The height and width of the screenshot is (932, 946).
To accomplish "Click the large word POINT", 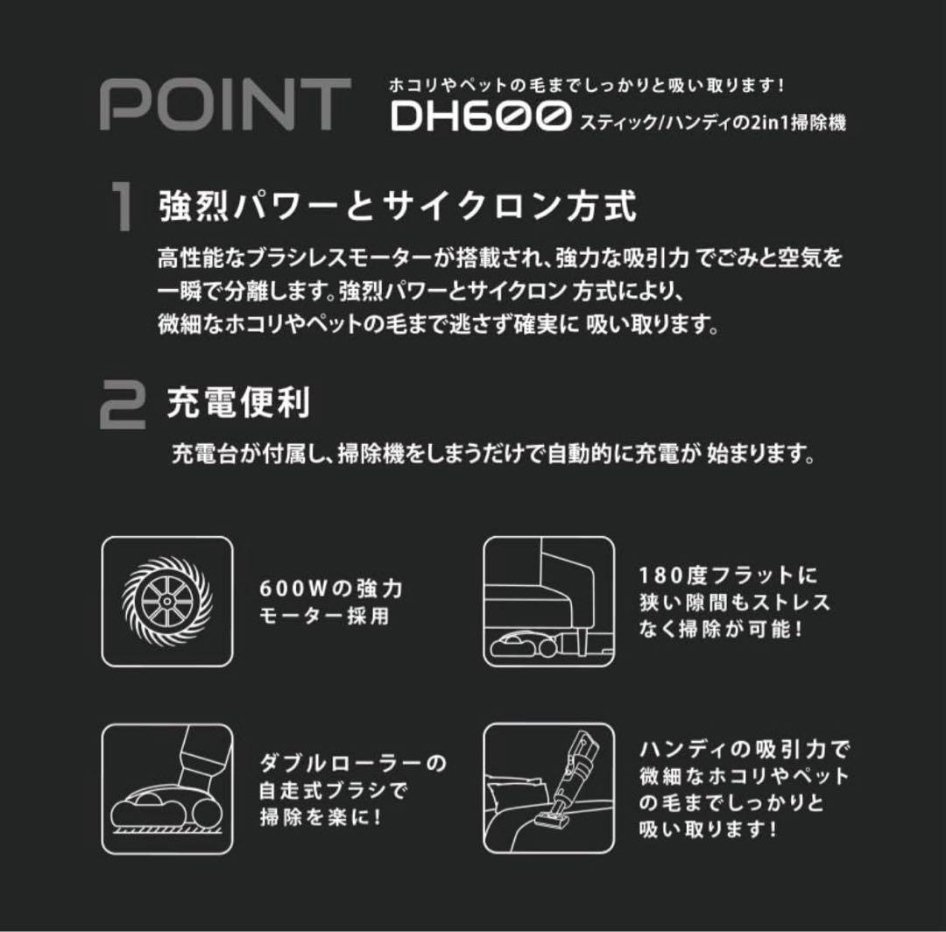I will (225, 105).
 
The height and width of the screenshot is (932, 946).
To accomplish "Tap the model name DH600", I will (480, 116).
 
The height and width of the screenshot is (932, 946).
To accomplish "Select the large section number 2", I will (123, 405).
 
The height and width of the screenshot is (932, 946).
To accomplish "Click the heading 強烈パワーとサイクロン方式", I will (397, 208).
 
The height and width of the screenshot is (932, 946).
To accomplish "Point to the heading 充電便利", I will (238, 404).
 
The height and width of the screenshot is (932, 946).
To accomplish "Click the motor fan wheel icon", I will (167, 601).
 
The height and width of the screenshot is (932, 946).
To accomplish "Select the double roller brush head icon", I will (167, 788).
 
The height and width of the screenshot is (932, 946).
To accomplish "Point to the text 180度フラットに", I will (729, 575).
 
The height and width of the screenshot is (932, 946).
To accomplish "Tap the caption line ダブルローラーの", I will (353, 762).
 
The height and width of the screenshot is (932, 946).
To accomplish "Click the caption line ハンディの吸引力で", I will (745, 749).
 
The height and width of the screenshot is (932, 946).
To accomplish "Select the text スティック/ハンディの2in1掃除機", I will (711, 123).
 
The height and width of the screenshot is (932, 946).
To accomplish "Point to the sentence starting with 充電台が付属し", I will (495, 455).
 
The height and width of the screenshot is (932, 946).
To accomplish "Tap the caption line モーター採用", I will (324, 616).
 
